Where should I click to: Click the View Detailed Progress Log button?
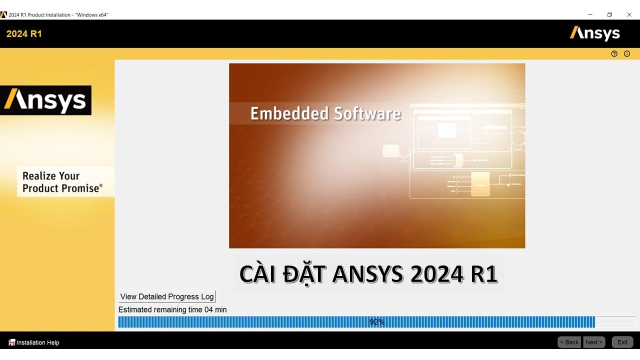pyautogui.click(x=167, y=296)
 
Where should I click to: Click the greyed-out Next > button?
pyautogui.click(x=594, y=342)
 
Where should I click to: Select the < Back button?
pyautogui.click(x=569, y=342)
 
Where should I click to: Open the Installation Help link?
pyautogui.click(x=38, y=342)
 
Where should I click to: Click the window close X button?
pyautogui.click(x=629, y=14)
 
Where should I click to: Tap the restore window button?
pyautogui.click(x=609, y=14)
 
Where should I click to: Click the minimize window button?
pyautogui.click(x=590, y=14)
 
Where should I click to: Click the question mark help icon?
pyautogui.click(x=614, y=53)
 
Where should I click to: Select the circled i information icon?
pyautogui.click(x=627, y=53)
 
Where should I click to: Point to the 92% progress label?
pyautogui.click(x=376, y=322)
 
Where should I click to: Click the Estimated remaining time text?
pyautogui.click(x=172, y=309)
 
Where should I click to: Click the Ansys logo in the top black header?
pyautogui.click(x=594, y=33)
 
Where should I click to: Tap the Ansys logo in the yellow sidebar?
pyautogui.click(x=45, y=100)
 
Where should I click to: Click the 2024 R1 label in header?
pyautogui.click(x=24, y=34)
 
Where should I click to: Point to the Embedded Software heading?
pyautogui.click(x=325, y=113)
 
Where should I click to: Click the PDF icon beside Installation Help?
pyautogui.click(x=11, y=342)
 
